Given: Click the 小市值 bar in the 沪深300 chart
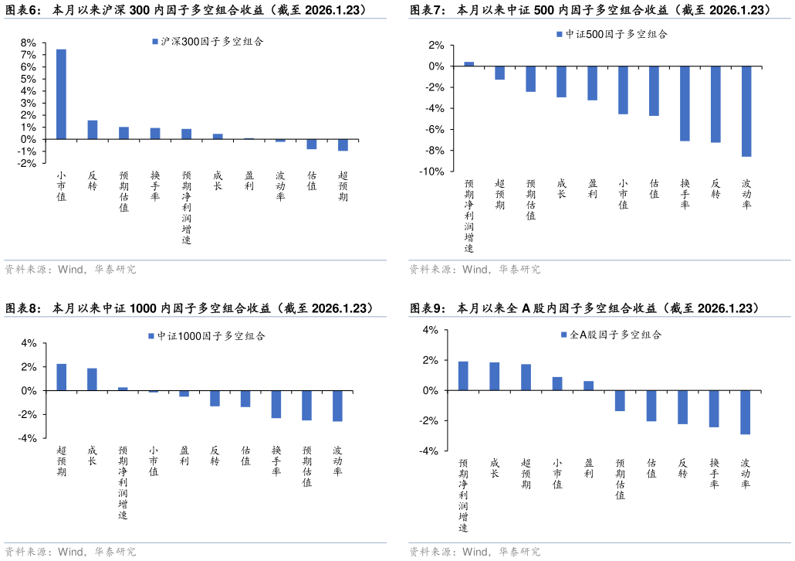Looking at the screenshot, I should click(x=61, y=94).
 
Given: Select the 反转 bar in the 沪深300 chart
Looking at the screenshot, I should click(x=93, y=130).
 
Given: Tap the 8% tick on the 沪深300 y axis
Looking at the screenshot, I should click(x=29, y=42).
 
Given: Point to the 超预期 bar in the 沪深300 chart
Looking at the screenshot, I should click(x=343, y=144).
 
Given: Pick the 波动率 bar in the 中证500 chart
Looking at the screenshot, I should click(x=746, y=111).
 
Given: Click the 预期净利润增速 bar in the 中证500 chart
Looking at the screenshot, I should click(x=469, y=64).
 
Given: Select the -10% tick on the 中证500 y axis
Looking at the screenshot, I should click(x=431, y=172).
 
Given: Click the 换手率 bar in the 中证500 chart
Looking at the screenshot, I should click(x=685, y=104).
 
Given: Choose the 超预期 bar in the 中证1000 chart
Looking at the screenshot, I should click(x=62, y=377).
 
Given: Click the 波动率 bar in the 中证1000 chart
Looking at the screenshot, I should click(x=337, y=406).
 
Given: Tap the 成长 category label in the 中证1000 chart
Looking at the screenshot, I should click(x=93, y=455).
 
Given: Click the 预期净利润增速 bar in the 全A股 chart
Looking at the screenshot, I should click(x=463, y=376).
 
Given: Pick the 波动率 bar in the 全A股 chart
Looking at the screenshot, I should click(x=745, y=412).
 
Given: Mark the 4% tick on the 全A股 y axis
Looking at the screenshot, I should click(x=431, y=330).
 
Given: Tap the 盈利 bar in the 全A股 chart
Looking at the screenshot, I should click(x=588, y=386).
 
